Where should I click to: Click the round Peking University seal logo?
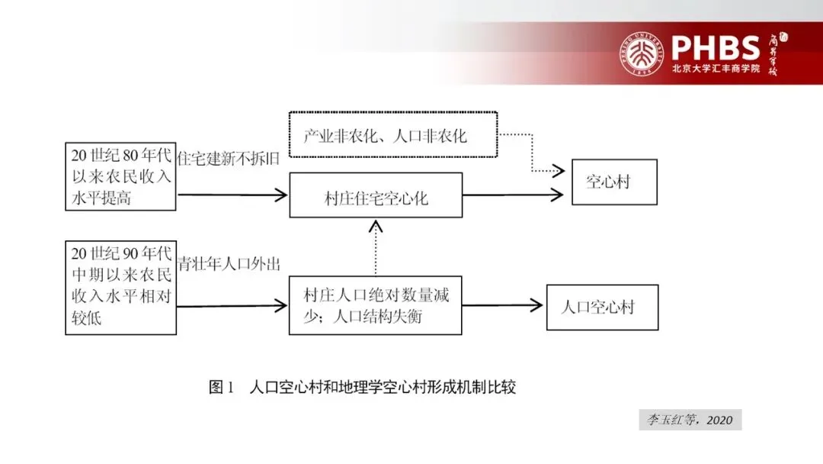pos(643,53)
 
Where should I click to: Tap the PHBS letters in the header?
pos(716,47)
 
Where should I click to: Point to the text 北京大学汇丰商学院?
pos(716,69)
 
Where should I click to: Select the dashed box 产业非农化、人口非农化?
pos(393,134)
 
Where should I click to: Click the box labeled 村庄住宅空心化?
pos(376,195)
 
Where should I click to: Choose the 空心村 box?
pos(614,182)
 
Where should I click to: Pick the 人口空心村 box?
pos(602,307)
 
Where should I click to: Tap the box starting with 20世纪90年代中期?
pos(120,287)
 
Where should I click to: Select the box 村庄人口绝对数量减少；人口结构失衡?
pos(376,305)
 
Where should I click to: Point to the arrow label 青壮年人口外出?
pos(229,264)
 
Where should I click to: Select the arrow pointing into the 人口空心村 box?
pos(503,306)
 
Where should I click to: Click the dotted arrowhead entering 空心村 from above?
pos(556,169)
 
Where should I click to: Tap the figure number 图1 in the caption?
pos(220,387)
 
